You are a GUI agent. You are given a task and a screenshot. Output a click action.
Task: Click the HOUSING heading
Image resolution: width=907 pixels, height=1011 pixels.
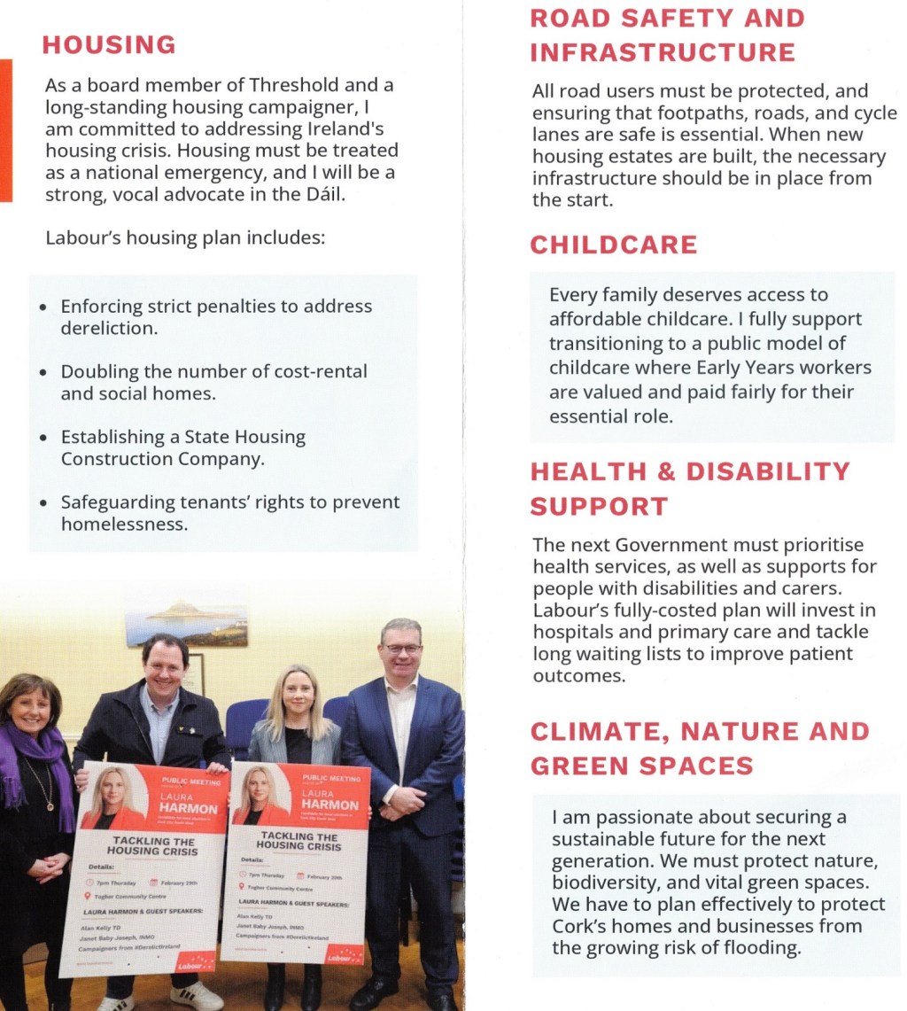pos(109,44)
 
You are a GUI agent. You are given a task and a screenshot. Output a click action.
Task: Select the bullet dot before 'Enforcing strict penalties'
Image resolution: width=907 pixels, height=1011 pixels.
pos(44,307)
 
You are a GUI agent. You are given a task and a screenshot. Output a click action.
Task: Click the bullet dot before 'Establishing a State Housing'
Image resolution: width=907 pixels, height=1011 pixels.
pos(44,438)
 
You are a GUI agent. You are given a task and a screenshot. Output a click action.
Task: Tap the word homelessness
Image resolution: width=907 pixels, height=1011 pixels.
pos(124,524)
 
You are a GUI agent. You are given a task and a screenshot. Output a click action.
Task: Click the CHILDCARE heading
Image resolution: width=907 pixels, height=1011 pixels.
pos(614,245)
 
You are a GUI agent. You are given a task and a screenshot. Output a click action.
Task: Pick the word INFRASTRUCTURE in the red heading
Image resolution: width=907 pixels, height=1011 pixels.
pos(663,53)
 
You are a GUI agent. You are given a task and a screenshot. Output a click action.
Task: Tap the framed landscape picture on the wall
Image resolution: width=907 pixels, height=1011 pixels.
pos(186,623)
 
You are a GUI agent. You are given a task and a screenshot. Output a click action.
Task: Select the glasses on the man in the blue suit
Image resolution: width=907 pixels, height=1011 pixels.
pos(403,649)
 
